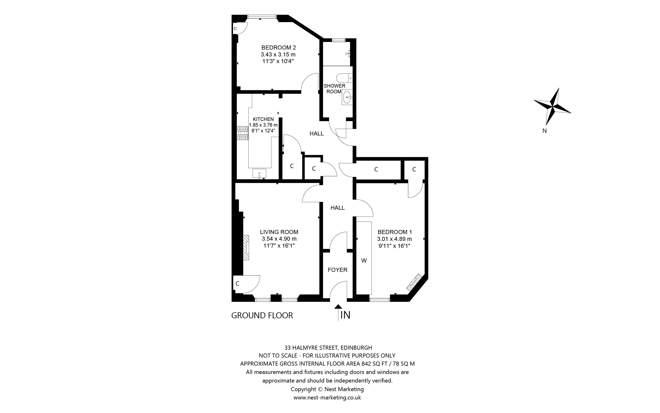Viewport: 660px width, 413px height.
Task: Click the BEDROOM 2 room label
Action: tap(278, 48)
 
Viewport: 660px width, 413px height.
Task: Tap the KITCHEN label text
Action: tap(263, 119)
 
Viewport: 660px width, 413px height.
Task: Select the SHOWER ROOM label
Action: tap(334, 89)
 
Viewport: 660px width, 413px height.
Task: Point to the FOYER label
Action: tap(337, 270)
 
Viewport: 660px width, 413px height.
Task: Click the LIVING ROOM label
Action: tap(279, 232)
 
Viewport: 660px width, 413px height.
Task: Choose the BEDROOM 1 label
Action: tap(395, 232)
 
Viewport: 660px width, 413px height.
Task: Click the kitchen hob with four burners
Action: tap(243, 133)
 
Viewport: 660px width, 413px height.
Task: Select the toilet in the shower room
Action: tap(344, 78)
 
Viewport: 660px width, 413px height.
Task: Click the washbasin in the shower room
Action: tap(347, 97)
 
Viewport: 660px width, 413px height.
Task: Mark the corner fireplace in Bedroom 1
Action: tap(414, 282)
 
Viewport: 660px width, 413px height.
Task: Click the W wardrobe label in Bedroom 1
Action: tap(364, 261)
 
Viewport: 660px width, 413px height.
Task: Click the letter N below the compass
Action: tap(544, 131)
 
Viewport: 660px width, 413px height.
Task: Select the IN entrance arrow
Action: tap(338, 313)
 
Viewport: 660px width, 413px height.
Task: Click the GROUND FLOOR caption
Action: tap(262, 315)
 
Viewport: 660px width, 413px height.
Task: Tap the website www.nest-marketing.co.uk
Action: tap(327, 398)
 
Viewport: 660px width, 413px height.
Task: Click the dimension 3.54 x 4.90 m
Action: tap(279, 239)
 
